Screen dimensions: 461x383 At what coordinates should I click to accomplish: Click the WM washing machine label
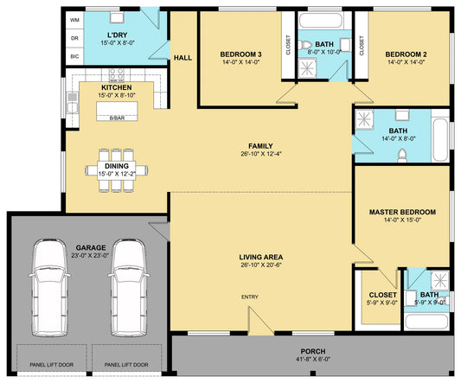[74, 20]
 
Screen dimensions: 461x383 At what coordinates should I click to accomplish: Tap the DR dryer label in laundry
[74, 38]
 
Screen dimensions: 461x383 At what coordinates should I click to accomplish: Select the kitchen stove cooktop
[117, 75]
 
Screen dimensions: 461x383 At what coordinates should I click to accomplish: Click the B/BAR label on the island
[117, 118]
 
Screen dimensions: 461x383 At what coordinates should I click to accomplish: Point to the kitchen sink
[73, 103]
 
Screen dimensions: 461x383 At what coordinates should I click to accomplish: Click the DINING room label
[117, 166]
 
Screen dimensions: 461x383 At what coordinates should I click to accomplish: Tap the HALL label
[182, 58]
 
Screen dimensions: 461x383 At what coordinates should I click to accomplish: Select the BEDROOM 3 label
[240, 54]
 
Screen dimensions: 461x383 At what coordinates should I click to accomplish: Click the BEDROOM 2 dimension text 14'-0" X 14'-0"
[406, 62]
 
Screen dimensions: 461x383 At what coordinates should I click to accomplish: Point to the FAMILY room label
[260, 146]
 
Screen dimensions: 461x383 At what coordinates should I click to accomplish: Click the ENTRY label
[250, 297]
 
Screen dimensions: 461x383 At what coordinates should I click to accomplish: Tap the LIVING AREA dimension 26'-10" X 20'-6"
[261, 265]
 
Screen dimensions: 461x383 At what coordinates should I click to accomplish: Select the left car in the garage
[49, 288]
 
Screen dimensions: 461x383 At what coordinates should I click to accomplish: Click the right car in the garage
[129, 288]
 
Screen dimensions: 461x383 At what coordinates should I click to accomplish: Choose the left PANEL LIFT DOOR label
[51, 365]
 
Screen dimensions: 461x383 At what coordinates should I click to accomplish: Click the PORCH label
[313, 351]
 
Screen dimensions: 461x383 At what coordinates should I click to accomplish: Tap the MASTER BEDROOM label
[402, 212]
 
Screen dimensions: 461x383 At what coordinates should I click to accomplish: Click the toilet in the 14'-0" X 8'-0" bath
[402, 156]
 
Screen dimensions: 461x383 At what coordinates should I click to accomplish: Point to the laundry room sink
[117, 17]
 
